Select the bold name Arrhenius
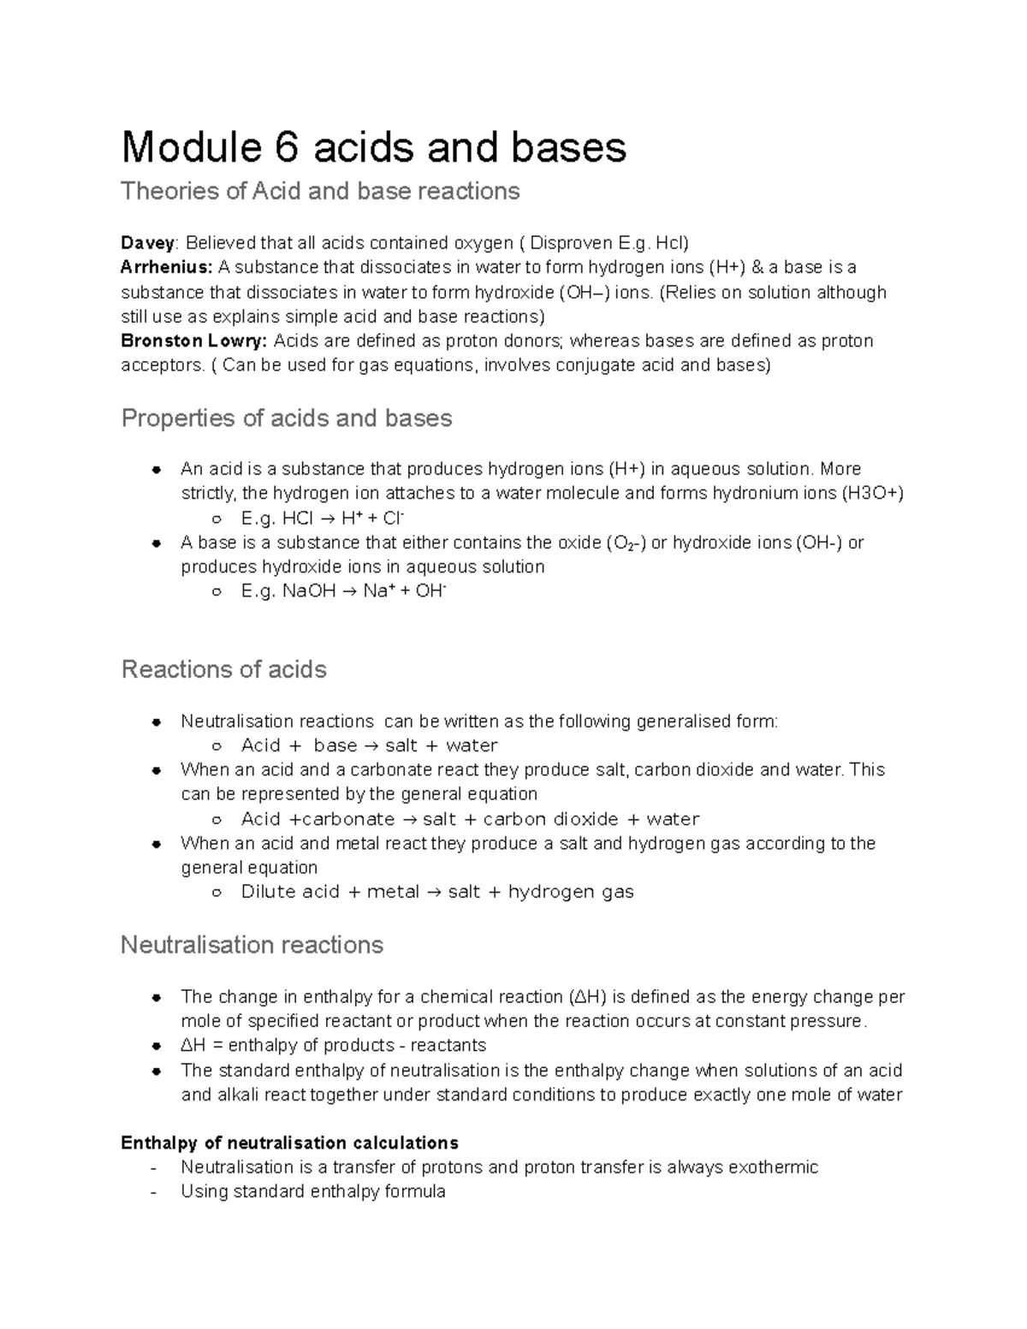coord(166,267)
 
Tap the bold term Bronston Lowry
coord(194,341)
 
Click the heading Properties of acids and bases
coord(287,418)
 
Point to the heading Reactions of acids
coord(224,669)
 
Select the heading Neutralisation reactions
coord(252,945)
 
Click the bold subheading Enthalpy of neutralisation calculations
coord(289,1143)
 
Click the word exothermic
coord(773,1167)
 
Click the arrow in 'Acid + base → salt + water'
coord(371,745)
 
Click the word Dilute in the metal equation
coord(267,893)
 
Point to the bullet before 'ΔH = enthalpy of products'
coord(156,1047)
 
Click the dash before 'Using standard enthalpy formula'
coord(153,1192)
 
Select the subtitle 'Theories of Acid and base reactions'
coord(320,191)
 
